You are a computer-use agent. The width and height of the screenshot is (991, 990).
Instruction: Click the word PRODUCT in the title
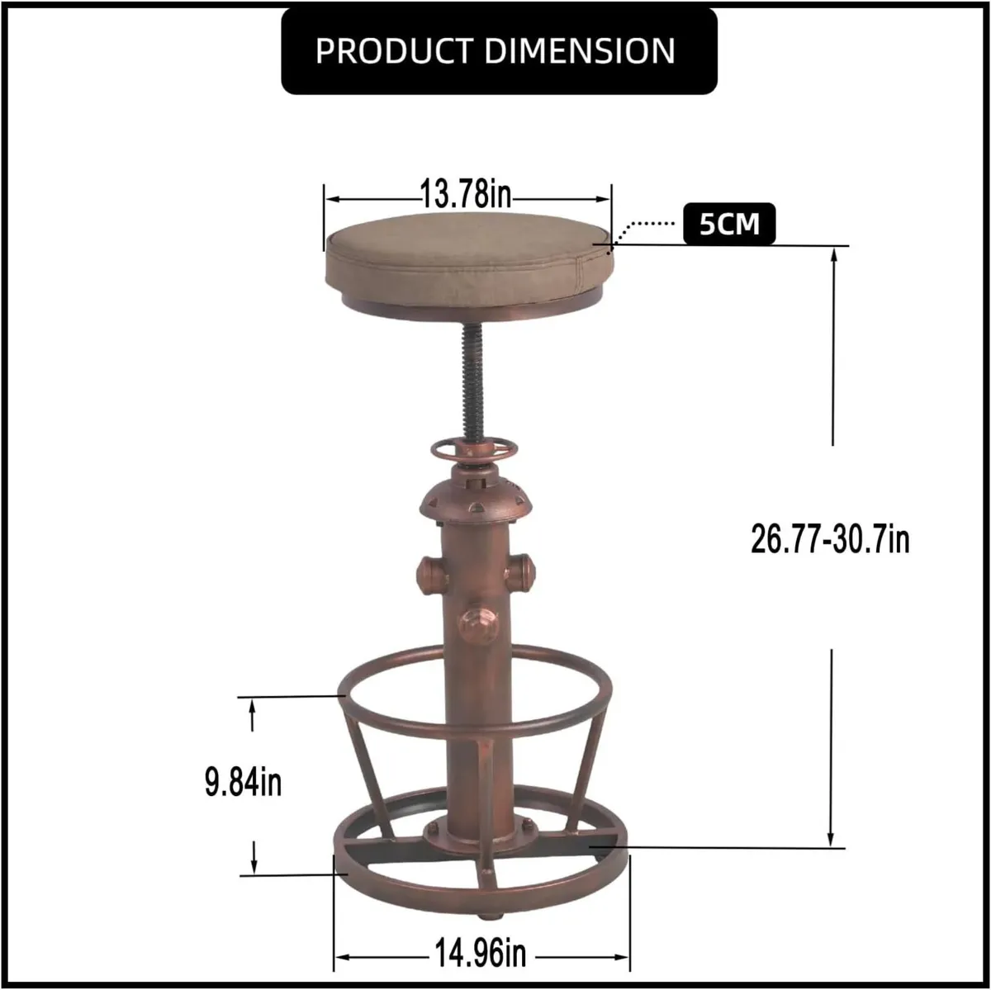396,51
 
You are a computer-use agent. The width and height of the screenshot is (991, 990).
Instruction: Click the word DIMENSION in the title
580,51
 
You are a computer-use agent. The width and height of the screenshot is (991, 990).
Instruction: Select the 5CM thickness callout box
729,224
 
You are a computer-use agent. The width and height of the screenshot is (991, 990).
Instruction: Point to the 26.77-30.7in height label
830,540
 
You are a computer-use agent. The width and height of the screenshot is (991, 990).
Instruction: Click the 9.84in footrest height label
244,782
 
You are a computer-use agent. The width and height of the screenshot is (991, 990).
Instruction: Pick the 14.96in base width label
480,954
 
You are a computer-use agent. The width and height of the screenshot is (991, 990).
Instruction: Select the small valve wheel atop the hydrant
474,451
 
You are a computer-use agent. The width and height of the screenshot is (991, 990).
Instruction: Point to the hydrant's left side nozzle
431,573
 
